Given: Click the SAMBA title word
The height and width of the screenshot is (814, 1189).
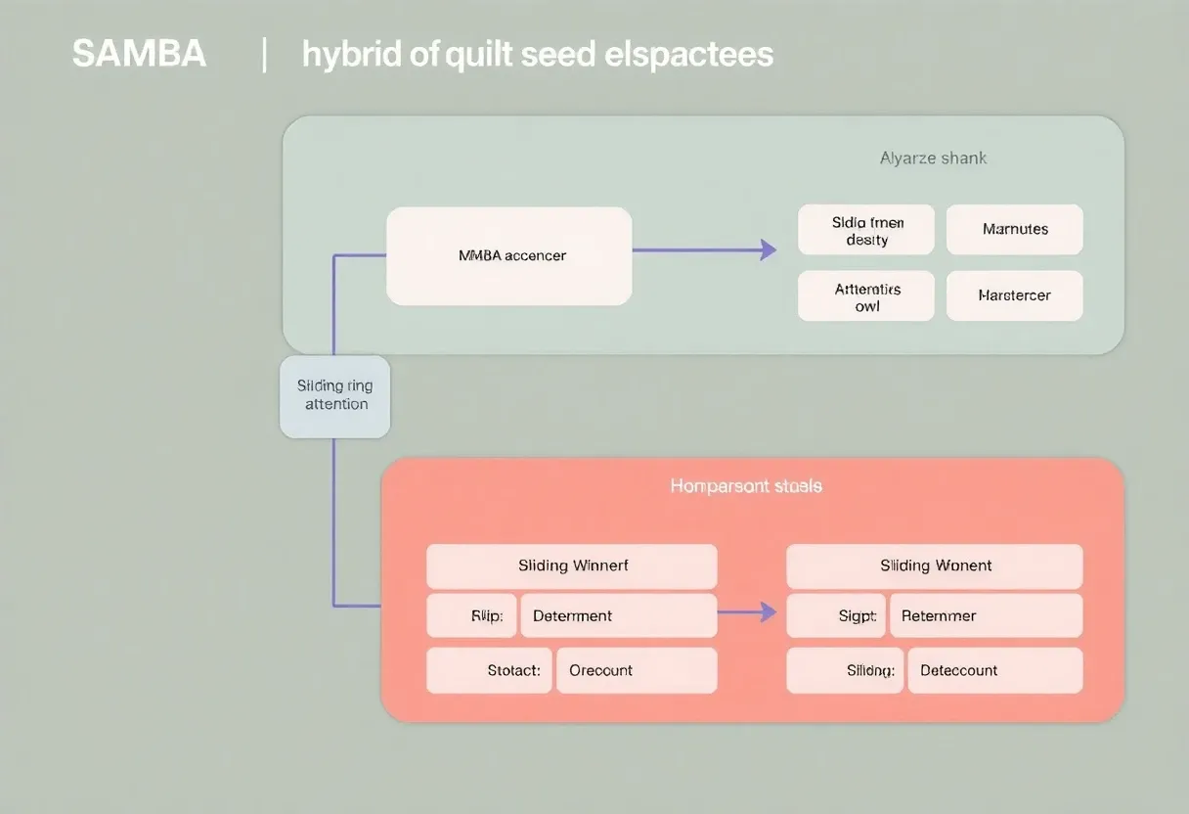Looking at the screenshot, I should coord(139,55).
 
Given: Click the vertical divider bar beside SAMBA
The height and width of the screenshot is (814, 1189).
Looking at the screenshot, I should coord(265,55).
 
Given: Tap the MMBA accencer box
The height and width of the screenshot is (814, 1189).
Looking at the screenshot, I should coord(508,255).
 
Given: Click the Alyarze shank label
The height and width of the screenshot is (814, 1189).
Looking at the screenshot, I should coord(933,158).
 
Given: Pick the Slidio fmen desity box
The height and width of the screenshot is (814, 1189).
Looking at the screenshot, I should coord(866,230).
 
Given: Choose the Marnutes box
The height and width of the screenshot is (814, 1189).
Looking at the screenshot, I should coord(1014,230).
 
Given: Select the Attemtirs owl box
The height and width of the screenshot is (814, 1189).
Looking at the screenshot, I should coord(866,296).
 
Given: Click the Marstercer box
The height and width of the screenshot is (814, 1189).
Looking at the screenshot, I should coord(1014,295).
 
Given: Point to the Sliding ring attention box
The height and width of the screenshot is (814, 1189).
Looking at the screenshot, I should coord(335,395).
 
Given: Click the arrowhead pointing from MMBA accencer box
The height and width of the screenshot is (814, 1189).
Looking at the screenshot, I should coord(768,250).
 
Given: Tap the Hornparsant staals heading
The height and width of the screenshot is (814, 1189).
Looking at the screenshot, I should coord(746,485).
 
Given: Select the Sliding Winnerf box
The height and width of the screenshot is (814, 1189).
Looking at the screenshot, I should coord(572,566).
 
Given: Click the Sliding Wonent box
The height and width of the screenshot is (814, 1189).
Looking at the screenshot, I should coord(935,566).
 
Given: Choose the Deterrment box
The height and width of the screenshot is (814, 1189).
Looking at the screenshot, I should coord(618,616).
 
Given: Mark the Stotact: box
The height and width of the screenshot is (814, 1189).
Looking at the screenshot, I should coord(490,671).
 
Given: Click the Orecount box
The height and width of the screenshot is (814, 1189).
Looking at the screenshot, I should coord(637,671).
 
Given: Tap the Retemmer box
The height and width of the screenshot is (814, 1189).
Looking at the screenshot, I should coord(986,616).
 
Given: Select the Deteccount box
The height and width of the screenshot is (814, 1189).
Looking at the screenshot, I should coord(994,671).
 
